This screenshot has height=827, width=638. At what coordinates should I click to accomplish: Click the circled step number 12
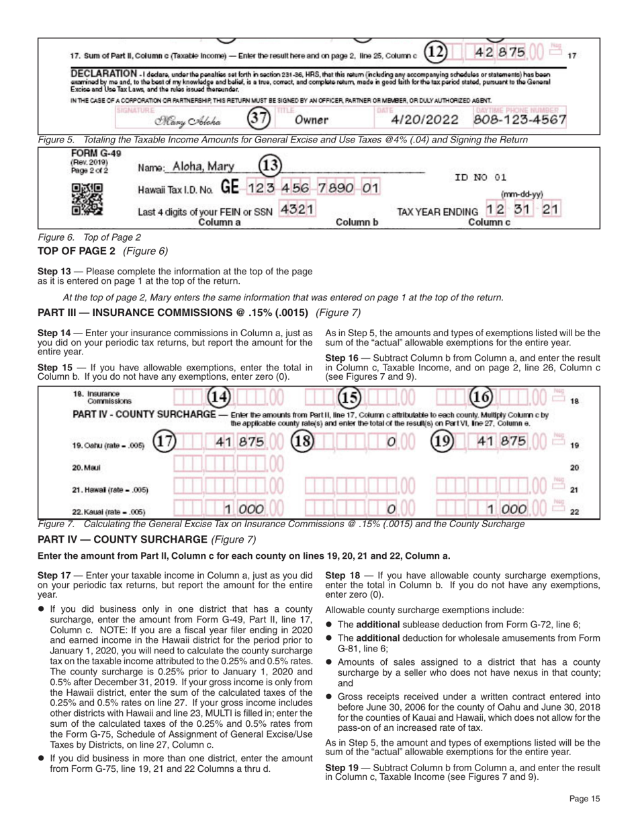pyautogui.click(x=437, y=50)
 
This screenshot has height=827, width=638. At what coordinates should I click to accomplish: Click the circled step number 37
pyautogui.click(x=258, y=120)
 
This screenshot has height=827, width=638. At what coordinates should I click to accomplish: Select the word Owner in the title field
pyautogui.click(x=311, y=120)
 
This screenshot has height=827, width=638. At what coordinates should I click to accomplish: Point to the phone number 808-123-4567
pyautogui.click(x=520, y=120)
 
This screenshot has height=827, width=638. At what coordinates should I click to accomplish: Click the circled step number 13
pyautogui.click(x=269, y=165)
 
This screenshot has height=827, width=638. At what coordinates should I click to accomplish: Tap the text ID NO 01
pyautogui.click(x=479, y=178)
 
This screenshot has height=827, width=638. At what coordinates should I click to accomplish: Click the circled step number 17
pyautogui.click(x=166, y=442)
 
